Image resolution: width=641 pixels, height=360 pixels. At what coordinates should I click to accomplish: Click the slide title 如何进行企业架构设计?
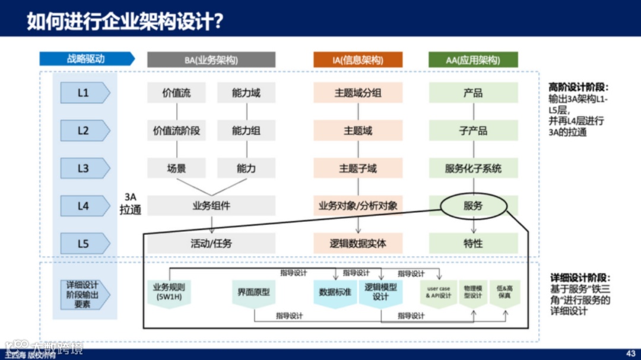coord(125,21)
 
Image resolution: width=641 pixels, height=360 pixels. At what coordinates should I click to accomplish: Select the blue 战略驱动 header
coord(87,59)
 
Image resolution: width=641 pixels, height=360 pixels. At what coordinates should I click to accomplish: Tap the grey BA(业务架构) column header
coord(211,60)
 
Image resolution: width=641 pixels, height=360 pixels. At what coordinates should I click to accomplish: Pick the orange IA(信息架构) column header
coord(358,60)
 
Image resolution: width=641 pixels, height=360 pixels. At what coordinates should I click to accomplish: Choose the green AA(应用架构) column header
coord(473,60)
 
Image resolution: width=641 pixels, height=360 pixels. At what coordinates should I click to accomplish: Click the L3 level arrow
coord(85,168)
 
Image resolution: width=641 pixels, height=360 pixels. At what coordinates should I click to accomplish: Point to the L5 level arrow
coord(85,243)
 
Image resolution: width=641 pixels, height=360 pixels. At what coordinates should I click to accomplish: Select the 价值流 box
coord(176,93)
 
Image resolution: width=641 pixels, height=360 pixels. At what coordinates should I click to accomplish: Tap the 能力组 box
coord(246,131)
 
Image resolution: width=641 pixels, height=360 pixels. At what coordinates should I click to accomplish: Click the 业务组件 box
coord(211,206)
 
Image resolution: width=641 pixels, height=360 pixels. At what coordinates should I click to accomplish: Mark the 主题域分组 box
coord(358,93)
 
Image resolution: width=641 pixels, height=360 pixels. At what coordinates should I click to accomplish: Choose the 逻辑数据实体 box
coord(358,243)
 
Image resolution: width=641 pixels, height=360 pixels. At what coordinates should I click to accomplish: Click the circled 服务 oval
coord(473,206)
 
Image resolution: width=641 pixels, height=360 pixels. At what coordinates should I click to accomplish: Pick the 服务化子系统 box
coord(473,168)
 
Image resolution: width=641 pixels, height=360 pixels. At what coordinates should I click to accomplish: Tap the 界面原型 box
coord(254,292)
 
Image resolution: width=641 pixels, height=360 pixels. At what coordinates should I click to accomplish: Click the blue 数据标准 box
coord(335,292)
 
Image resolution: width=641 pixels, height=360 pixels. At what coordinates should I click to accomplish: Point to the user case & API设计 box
coord(439,292)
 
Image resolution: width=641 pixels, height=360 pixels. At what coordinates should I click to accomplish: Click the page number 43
coord(630,351)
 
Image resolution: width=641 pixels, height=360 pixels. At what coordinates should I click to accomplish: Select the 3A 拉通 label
coord(130,203)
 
